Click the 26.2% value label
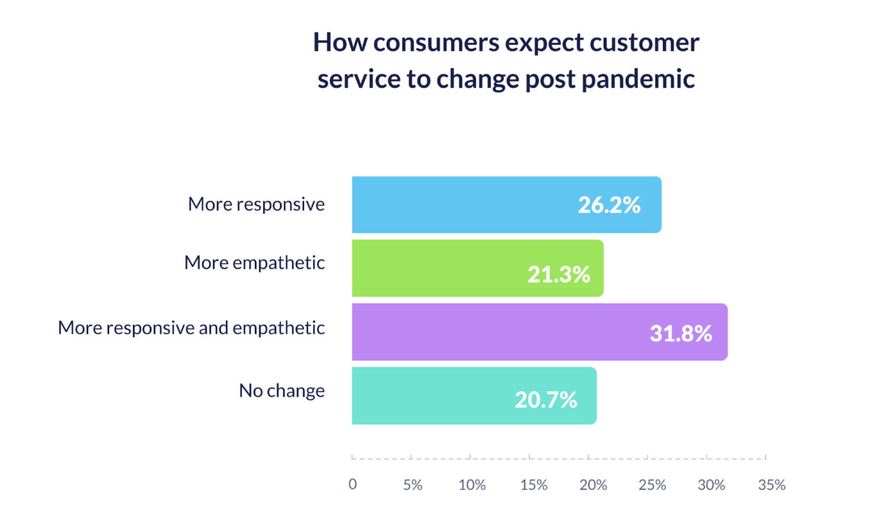point(609,205)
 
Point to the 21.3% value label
point(558,274)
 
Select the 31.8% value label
point(681,333)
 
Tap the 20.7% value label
point(546,399)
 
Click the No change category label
point(281,391)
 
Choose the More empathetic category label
point(254,263)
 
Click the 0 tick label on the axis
point(353,484)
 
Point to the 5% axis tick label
point(412,485)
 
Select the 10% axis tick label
point(472,485)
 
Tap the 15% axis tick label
point(534,485)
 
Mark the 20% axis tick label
point(593,485)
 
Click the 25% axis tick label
point(652,485)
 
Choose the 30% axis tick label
point(711,485)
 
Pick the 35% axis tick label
point(771,485)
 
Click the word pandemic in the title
point(638,79)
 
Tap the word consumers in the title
point(436,43)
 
